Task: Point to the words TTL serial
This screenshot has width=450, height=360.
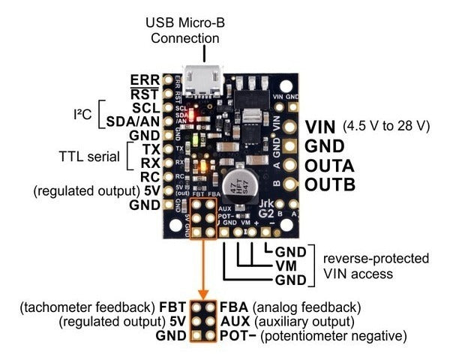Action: (x=89, y=157)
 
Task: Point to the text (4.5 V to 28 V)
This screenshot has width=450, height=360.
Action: (x=385, y=126)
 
